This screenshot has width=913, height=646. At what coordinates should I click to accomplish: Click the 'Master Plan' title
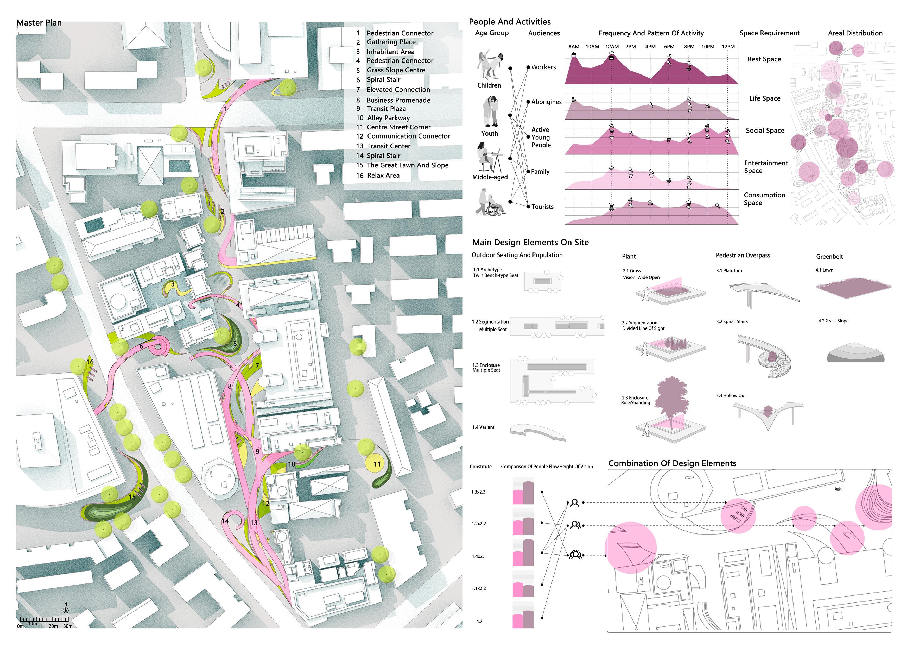click(x=39, y=23)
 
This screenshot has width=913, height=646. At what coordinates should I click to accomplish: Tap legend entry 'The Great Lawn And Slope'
click(x=407, y=165)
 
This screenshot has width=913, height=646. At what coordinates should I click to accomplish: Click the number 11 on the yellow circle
click(x=377, y=464)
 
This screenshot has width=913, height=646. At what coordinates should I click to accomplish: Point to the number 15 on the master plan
click(x=132, y=497)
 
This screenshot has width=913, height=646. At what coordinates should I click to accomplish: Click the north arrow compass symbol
click(x=66, y=610)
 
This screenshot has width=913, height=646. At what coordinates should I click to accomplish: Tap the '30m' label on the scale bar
click(x=68, y=626)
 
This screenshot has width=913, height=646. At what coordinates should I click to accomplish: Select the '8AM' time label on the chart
click(x=574, y=47)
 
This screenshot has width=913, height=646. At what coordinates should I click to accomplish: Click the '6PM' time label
click(x=669, y=47)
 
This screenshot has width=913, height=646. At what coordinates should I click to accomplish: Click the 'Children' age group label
click(x=489, y=85)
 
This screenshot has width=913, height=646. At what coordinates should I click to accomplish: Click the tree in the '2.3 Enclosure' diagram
click(x=672, y=402)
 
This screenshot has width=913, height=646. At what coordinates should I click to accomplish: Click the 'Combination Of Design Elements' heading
click(x=672, y=463)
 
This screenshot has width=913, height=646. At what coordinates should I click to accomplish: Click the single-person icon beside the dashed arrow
click(x=574, y=503)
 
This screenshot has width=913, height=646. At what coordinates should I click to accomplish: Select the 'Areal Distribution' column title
click(x=855, y=33)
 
